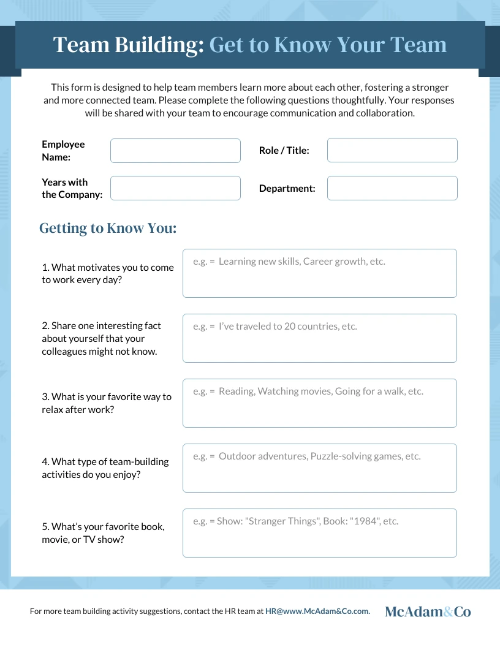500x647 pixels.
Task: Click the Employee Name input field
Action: click(x=175, y=151)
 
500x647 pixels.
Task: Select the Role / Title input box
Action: click(x=392, y=150)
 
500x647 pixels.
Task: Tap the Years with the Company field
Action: click(x=175, y=188)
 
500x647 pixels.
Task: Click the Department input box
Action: click(x=392, y=188)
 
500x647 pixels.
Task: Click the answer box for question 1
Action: click(x=319, y=273)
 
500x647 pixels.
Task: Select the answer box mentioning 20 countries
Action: click(x=319, y=338)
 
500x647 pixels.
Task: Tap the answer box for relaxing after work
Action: click(x=319, y=403)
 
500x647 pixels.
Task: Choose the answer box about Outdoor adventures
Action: click(x=319, y=468)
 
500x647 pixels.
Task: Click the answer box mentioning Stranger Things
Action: click(x=319, y=533)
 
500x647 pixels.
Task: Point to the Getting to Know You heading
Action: click(x=108, y=229)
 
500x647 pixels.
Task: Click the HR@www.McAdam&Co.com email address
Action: click(x=317, y=611)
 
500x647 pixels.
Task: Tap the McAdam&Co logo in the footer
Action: click(x=428, y=611)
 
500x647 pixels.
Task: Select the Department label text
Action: click(x=287, y=189)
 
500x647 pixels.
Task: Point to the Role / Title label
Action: click(x=284, y=151)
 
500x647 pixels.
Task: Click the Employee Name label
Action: click(x=63, y=151)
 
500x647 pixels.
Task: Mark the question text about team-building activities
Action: click(x=105, y=468)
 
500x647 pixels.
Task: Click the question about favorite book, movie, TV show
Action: click(x=103, y=533)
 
